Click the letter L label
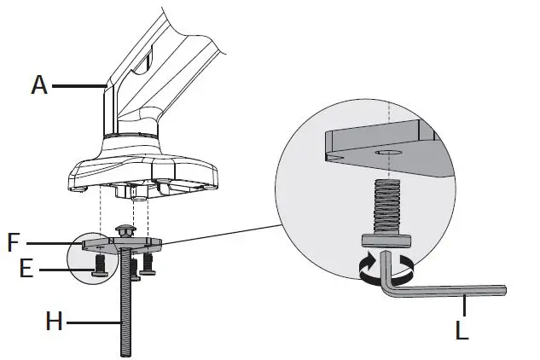pyautogui.click(x=462, y=330)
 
